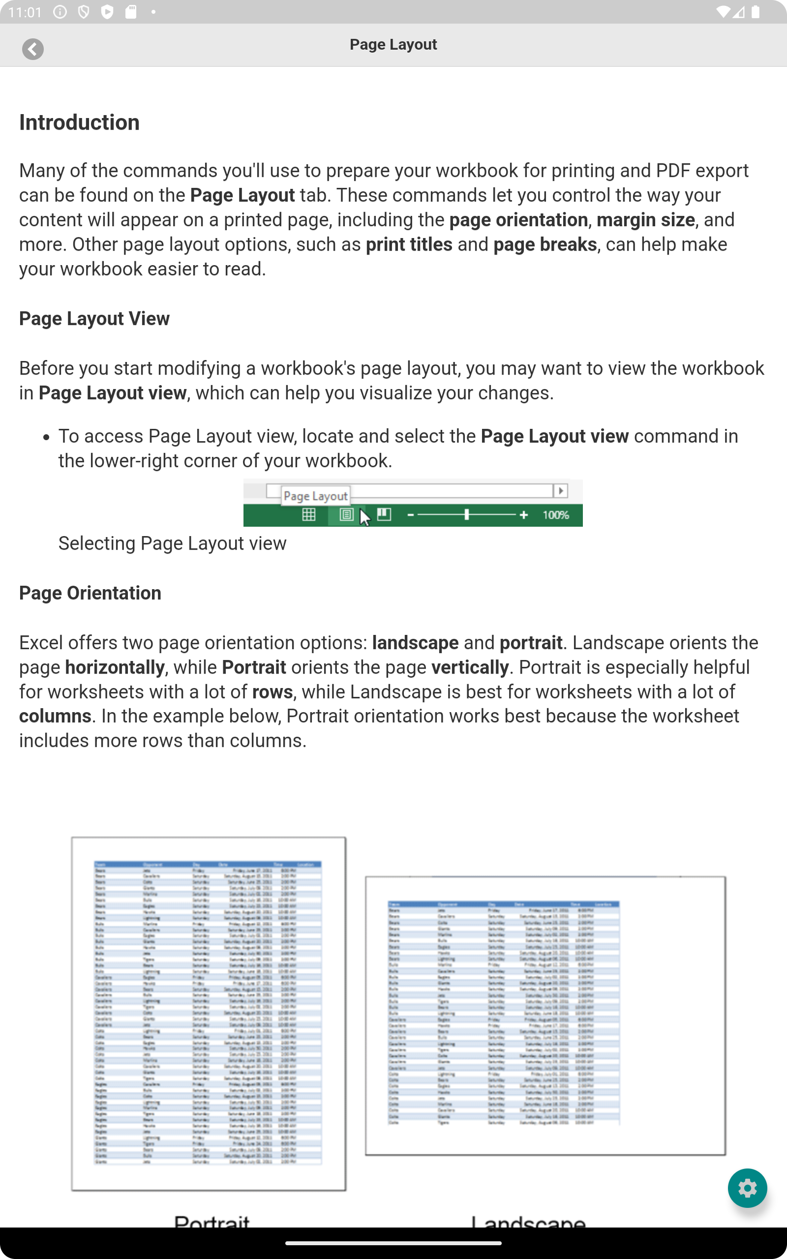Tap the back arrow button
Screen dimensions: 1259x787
pos(33,49)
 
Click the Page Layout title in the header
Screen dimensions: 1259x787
pos(393,45)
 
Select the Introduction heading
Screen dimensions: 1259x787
pos(79,123)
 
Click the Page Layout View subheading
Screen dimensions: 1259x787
pos(94,318)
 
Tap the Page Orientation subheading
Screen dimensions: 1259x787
pos(90,593)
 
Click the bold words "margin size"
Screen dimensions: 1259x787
pos(645,220)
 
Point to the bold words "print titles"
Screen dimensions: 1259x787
pos(409,244)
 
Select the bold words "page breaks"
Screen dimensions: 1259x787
pos(545,244)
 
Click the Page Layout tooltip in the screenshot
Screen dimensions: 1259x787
pos(315,496)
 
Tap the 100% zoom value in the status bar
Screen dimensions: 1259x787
pos(555,515)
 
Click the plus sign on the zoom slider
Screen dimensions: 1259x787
pos(524,515)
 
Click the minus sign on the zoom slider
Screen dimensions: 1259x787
pos(411,515)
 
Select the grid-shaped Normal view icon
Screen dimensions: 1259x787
pos(309,515)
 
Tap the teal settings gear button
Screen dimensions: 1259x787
pos(747,1188)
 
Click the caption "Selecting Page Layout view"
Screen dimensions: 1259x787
pos(172,543)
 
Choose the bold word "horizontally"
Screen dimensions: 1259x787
pos(115,667)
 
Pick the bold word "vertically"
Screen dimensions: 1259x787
pos(469,667)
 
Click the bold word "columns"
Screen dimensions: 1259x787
pos(55,717)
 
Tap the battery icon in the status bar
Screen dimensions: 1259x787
pos(755,12)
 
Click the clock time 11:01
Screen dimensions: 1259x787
pos(25,12)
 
